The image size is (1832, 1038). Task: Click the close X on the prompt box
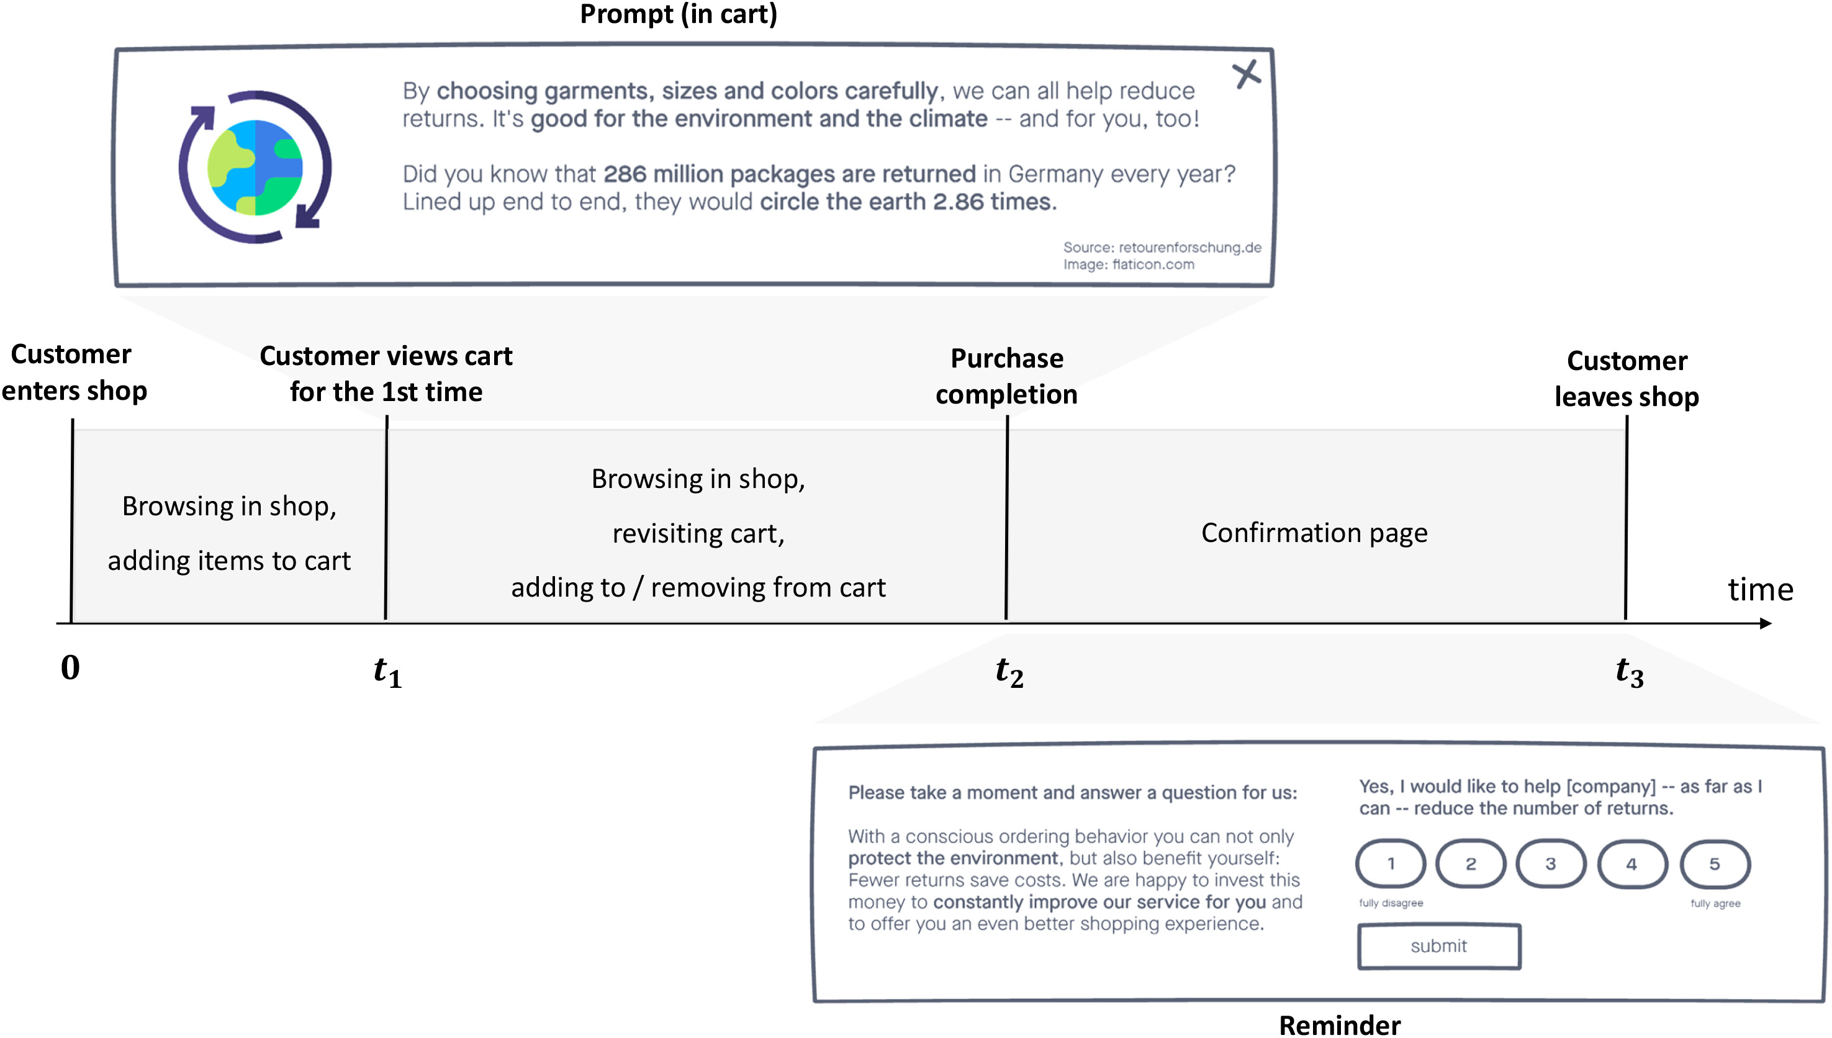click(x=1246, y=74)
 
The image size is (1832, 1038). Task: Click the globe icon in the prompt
click(x=255, y=167)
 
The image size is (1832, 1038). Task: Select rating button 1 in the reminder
click(x=1390, y=864)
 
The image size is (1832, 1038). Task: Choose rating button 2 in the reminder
click(x=1471, y=864)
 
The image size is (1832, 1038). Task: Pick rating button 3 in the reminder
click(x=1550, y=864)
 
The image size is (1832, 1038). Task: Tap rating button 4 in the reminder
click(x=1631, y=864)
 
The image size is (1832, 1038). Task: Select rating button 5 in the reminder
click(x=1715, y=864)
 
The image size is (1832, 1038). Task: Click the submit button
click(x=1438, y=946)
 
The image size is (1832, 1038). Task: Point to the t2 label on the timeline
click(x=1009, y=672)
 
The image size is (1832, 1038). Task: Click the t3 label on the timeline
click(x=1630, y=672)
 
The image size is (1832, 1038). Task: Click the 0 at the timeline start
click(x=70, y=668)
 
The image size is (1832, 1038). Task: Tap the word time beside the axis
click(x=1760, y=590)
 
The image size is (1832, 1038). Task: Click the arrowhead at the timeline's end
click(x=1765, y=624)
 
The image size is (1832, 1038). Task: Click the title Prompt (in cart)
click(x=678, y=14)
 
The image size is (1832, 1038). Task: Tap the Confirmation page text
click(x=1314, y=533)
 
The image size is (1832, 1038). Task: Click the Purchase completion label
click(x=1006, y=376)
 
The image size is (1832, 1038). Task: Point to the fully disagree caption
click(x=1390, y=903)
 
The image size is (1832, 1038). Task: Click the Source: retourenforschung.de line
click(x=1162, y=247)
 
